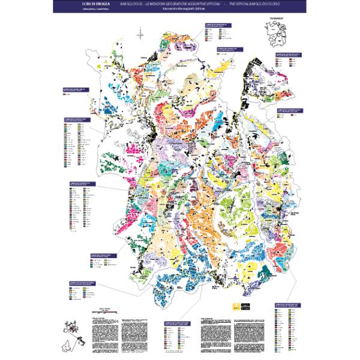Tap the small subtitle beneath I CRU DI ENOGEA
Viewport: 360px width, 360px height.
[86, 10]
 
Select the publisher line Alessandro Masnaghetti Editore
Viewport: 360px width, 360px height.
[180, 10]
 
